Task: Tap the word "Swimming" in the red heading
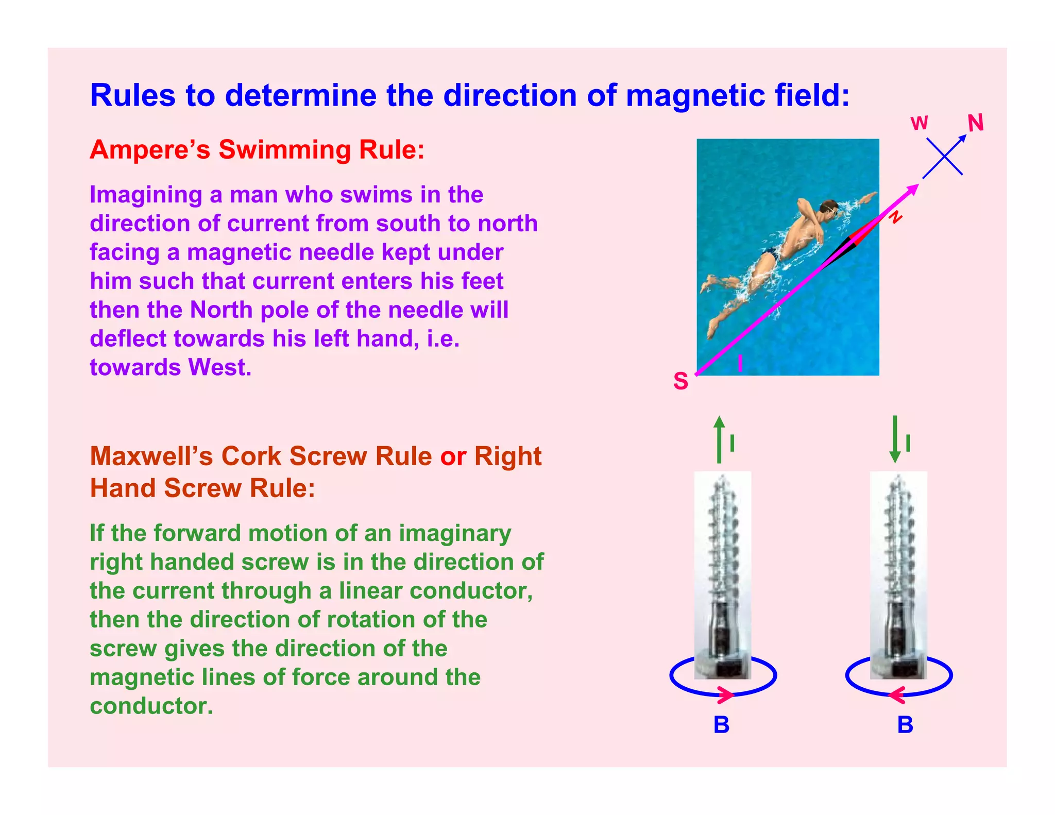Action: [x=285, y=150]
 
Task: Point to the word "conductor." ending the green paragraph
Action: [x=151, y=706]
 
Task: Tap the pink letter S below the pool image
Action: [x=680, y=381]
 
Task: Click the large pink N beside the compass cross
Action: [x=976, y=123]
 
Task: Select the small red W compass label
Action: [x=920, y=123]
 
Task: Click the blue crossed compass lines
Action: [x=943, y=157]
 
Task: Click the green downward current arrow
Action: [x=895, y=439]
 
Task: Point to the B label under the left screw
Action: [x=721, y=725]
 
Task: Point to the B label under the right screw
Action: [x=905, y=725]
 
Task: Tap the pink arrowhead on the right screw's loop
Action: [x=896, y=695]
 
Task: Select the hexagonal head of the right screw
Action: [x=899, y=667]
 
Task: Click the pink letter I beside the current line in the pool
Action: [x=740, y=363]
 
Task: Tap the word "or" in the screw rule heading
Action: [x=453, y=456]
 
